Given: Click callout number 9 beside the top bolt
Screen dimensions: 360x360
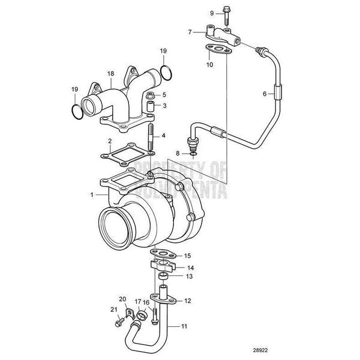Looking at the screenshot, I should point(194,13).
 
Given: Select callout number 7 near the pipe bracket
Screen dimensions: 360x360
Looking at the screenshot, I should point(190,31).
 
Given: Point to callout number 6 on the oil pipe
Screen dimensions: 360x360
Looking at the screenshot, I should point(263,93).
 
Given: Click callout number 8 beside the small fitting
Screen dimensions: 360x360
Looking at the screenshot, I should point(178,154).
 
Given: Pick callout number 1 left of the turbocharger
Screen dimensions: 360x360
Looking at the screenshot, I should point(91,195).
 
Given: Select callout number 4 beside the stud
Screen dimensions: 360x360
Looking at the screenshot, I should point(163,136).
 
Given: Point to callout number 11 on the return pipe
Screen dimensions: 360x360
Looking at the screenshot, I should point(184,326).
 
